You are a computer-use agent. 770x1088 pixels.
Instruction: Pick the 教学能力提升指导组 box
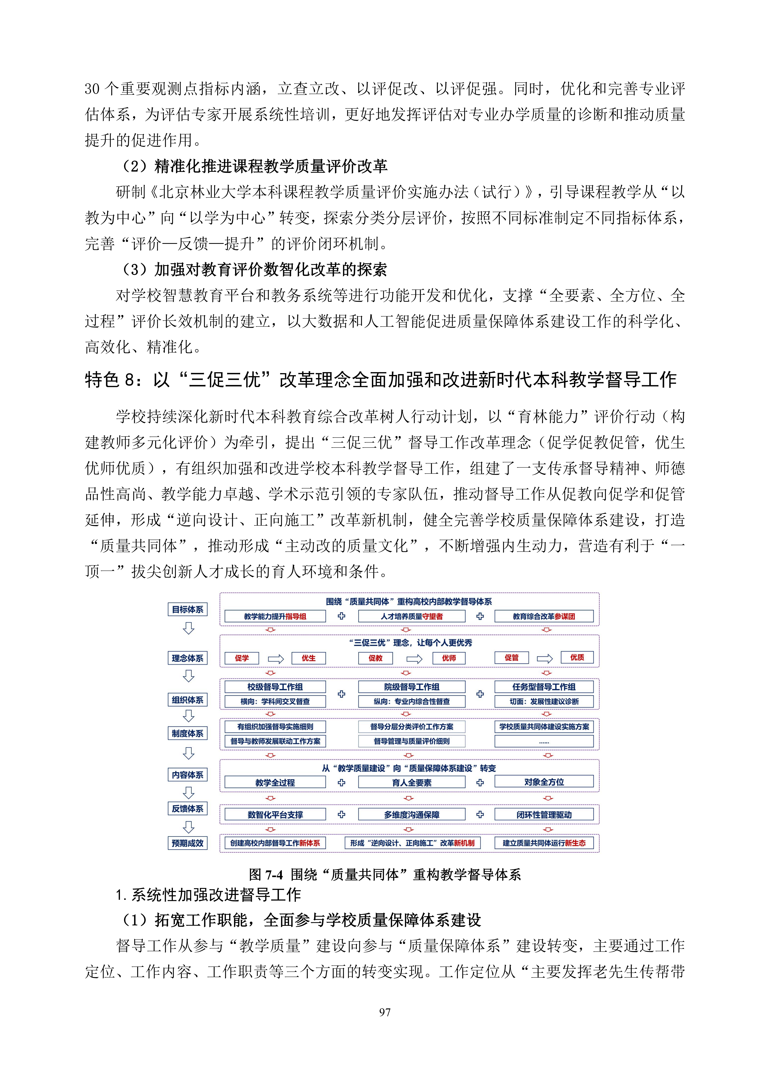tap(275, 617)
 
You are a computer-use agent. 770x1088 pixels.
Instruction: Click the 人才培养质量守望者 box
tap(411, 617)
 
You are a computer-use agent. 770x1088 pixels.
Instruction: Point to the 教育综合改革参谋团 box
tap(544, 617)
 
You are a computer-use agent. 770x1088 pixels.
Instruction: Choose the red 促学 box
tap(242, 658)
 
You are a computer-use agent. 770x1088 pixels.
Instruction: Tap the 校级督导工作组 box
tap(275, 687)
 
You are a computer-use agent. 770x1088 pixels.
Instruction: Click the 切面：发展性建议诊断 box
tap(544, 701)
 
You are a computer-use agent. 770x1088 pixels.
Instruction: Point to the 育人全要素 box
tap(411, 783)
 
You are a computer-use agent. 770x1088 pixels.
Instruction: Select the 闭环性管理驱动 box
tap(544, 814)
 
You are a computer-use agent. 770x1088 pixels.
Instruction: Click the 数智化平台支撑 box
tap(275, 814)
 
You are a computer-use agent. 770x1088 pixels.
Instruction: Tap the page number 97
tap(385, 1012)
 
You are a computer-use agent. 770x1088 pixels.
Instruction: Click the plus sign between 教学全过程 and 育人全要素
tap(341, 782)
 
